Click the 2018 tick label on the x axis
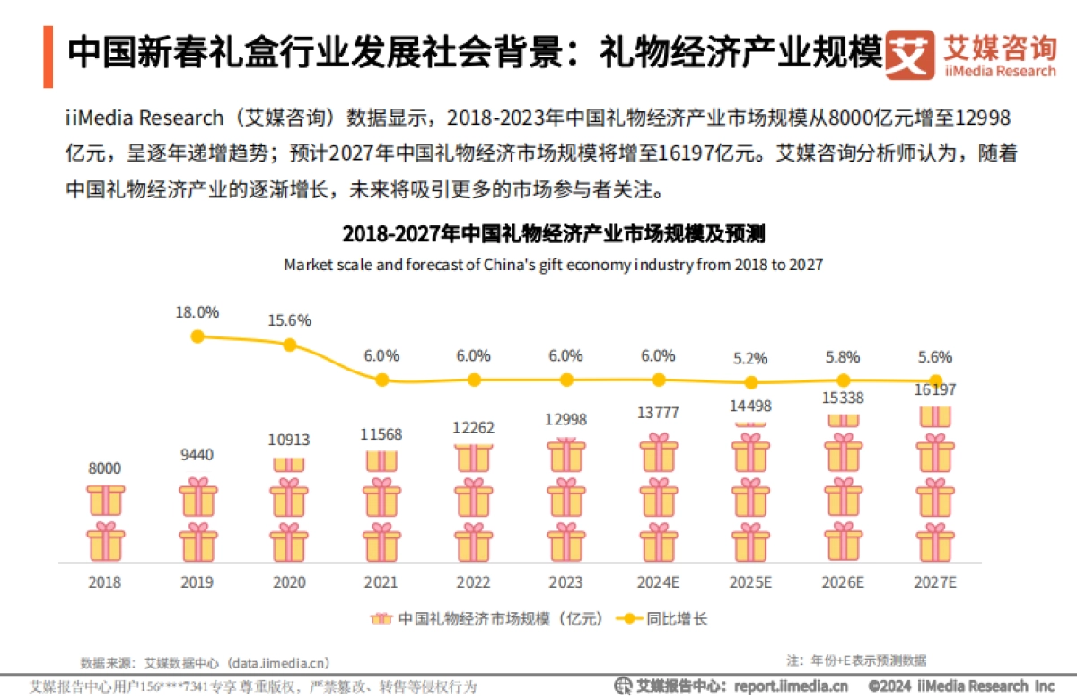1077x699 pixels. [x=105, y=581]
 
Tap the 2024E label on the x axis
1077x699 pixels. [x=658, y=581]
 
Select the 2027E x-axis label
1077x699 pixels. [x=935, y=581]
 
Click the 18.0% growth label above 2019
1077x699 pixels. [x=197, y=312]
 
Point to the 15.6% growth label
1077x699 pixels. [x=290, y=320]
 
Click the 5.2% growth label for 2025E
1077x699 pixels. [x=750, y=358]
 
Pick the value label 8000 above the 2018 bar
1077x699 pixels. [x=105, y=467]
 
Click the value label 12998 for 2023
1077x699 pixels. [x=565, y=420]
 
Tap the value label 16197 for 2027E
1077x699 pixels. [x=935, y=390]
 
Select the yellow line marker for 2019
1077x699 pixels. [x=198, y=336]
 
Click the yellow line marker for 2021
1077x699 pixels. [x=381, y=380]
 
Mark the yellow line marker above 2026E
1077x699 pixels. [x=843, y=380]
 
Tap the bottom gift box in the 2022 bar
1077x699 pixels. [x=474, y=542]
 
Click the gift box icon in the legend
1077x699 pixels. [x=381, y=619]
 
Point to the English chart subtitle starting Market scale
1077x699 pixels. [x=553, y=265]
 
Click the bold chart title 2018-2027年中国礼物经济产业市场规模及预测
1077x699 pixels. [x=553, y=235]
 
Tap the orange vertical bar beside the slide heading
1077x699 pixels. [x=48, y=57]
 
